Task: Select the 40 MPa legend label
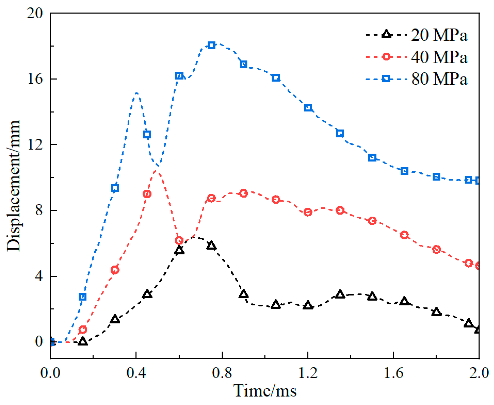[x=439, y=57]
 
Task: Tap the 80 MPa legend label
[x=439, y=79]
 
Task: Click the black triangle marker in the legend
[x=386, y=34]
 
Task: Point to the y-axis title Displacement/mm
[x=13, y=185]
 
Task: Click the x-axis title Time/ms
[x=265, y=391]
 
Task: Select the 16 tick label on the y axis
[x=35, y=78]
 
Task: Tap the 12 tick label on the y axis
[x=35, y=144]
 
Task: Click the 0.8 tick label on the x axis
[x=222, y=373]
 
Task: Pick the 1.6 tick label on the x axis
[x=393, y=373]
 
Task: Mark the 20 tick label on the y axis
[x=35, y=13]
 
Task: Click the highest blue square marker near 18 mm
[x=211, y=46]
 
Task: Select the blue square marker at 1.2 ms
[x=308, y=108]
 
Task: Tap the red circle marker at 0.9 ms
[x=243, y=193]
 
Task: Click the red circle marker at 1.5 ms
[x=372, y=221]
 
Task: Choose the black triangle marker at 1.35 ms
[x=340, y=294]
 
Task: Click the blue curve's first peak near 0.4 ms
[x=136, y=93]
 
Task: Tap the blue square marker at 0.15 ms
[x=82, y=297]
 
